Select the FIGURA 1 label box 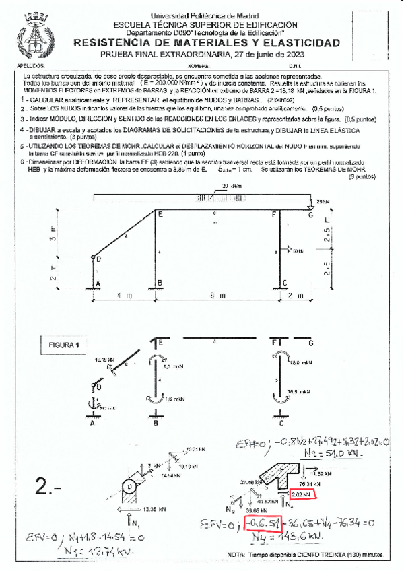pyautogui.click(x=64, y=345)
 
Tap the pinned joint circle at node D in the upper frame pyautogui.click(x=93, y=255)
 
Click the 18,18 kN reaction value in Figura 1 pyautogui.click(x=105, y=360)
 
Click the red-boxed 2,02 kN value pyautogui.click(x=302, y=494)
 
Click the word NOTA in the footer pyautogui.click(x=236, y=555)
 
